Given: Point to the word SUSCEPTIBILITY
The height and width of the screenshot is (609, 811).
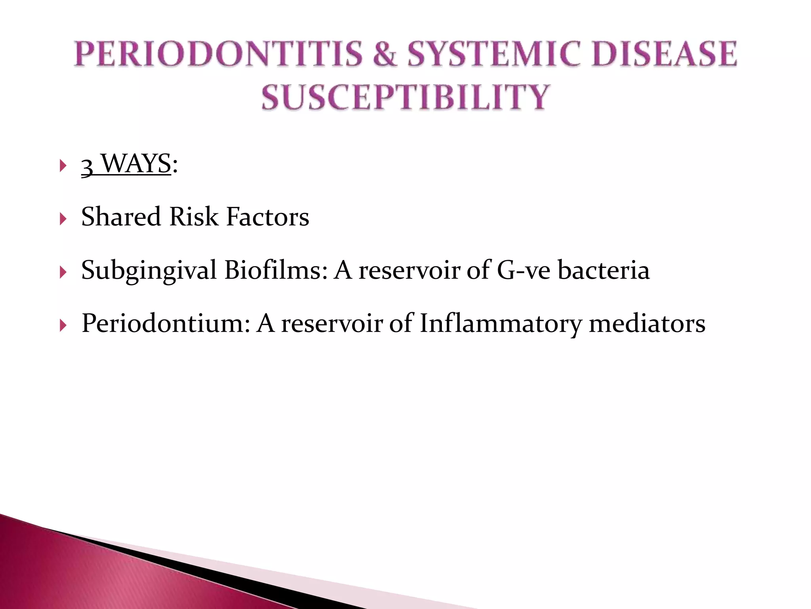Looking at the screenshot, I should pyautogui.click(x=405, y=97).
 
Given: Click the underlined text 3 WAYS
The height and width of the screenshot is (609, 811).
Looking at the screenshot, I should pyautogui.click(x=126, y=164).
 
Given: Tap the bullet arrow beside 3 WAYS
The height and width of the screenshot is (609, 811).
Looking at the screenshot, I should pyautogui.click(x=63, y=165).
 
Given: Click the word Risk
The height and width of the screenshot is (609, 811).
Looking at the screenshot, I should pyautogui.click(x=194, y=217).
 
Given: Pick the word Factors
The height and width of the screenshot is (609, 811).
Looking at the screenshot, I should pyautogui.click(x=267, y=217).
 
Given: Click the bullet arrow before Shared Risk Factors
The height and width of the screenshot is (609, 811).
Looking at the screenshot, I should pyautogui.click(x=63, y=219).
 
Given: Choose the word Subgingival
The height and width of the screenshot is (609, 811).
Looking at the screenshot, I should pyautogui.click(x=149, y=271).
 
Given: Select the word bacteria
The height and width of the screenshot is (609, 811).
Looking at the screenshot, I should pyautogui.click(x=603, y=270).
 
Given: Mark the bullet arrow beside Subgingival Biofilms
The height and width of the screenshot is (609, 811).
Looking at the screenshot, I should pyautogui.click(x=63, y=272).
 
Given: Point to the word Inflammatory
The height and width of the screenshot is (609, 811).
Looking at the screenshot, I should pyautogui.click(x=501, y=323).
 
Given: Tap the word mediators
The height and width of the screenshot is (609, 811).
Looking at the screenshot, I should pyautogui.click(x=647, y=323).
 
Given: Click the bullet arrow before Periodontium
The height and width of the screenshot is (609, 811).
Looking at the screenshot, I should pyautogui.click(x=63, y=326).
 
